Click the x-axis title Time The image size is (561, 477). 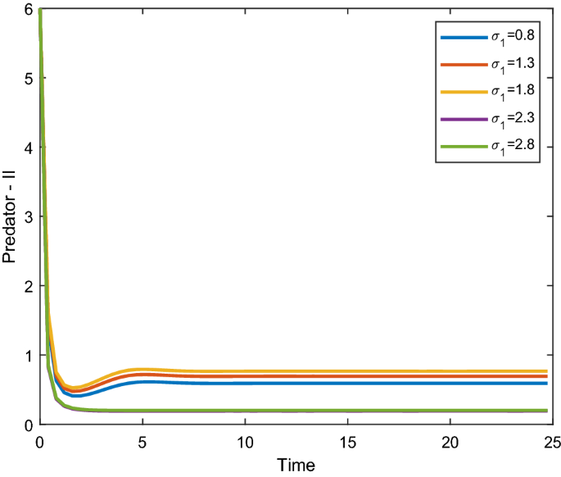tap(296, 464)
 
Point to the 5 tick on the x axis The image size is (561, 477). tap(143, 440)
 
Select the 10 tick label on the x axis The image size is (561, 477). tap(244, 440)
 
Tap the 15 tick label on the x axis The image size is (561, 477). tap(347, 440)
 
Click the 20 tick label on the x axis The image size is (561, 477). tap(450, 440)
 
